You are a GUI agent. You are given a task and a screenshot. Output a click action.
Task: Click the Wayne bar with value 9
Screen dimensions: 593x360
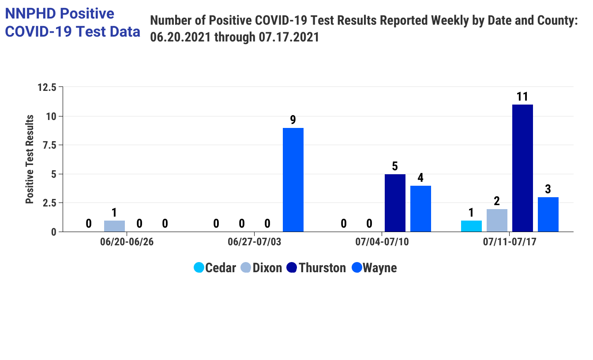click(293, 180)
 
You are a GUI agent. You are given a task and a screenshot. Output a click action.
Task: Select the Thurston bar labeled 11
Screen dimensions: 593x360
click(522, 168)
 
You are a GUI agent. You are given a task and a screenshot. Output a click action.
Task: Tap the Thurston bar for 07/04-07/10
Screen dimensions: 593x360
click(395, 203)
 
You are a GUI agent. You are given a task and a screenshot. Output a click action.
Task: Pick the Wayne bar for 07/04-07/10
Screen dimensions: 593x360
click(420, 209)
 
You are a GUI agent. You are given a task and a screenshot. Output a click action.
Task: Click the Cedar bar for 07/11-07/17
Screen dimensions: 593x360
click(471, 226)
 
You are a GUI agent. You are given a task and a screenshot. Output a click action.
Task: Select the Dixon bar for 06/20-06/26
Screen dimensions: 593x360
click(114, 226)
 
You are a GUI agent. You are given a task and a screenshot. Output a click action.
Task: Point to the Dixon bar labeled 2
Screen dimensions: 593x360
click(497, 221)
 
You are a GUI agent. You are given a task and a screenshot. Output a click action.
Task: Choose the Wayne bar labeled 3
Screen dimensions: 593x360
click(548, 214)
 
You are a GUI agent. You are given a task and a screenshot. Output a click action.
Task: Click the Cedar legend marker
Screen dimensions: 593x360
click(199, 268)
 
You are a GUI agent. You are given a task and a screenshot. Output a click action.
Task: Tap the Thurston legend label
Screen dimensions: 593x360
click(322, 268)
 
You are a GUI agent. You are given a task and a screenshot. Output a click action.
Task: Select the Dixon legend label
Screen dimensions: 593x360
click(267, 268)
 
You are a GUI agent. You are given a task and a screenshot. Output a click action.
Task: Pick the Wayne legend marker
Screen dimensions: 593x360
click(357, 268)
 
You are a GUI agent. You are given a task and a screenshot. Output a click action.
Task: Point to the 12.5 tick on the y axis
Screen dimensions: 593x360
click(47, 87)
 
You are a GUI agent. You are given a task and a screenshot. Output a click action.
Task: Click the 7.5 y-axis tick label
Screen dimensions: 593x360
click(50, 145)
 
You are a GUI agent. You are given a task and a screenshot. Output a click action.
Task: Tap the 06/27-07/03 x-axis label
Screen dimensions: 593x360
click(254, 242)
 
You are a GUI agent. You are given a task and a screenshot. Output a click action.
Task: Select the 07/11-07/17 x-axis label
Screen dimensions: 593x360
click(509, 242)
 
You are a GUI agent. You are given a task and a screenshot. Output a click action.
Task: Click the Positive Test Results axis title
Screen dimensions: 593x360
click(30, 159)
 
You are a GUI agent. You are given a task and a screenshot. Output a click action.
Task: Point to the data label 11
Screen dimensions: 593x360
click(522, 97)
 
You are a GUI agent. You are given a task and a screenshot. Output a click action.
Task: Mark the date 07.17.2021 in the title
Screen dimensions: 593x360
click(289, 37)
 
